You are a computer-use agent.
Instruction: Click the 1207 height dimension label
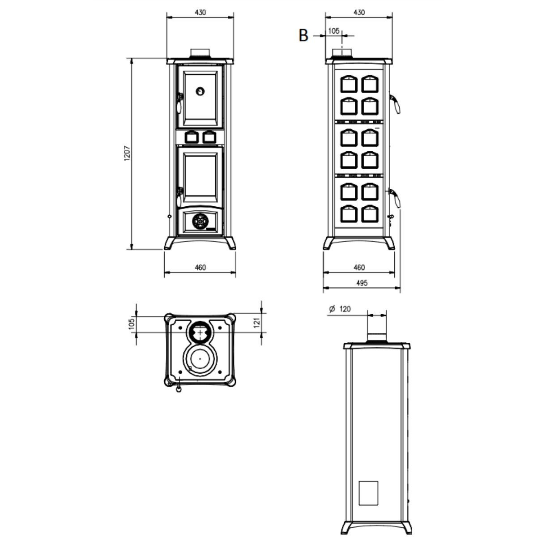(x=127, y=153)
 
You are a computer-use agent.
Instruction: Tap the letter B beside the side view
(x=303, y=36)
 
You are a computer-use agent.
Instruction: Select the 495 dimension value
(x=362, y=283)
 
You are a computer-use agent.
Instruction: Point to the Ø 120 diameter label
(x=340, y=309)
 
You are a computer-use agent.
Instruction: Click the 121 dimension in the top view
(x=257, y=322)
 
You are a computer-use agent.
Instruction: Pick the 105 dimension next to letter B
(x=333, y=31)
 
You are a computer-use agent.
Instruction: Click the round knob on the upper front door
(x=200, y=91)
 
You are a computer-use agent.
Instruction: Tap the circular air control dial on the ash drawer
(x=200, y=222)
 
